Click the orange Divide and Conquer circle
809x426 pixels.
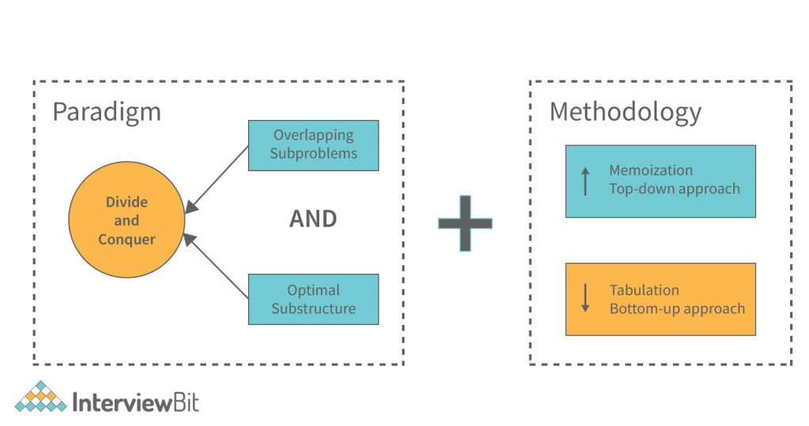coord(126,220)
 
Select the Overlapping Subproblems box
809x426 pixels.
coord(314,145)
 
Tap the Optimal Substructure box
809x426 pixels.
coord(314,299)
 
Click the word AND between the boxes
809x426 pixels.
coord(313,219)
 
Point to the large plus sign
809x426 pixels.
coord(465,223)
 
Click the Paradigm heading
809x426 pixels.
coord(107,111)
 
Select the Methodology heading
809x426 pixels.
coord(625,111)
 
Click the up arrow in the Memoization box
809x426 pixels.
coord(585,180)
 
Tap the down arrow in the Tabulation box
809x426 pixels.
coord(585,297)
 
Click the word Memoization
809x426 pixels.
coord(650,170)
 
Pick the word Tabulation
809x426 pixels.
coord(644,290)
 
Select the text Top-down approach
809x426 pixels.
coord(674,189)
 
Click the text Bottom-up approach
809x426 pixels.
coord(676,308)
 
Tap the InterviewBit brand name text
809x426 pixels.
coord(135,402)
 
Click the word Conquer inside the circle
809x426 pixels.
coord(126,239)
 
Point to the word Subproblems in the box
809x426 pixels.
coord(314,154)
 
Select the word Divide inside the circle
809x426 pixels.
coord(126,202)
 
